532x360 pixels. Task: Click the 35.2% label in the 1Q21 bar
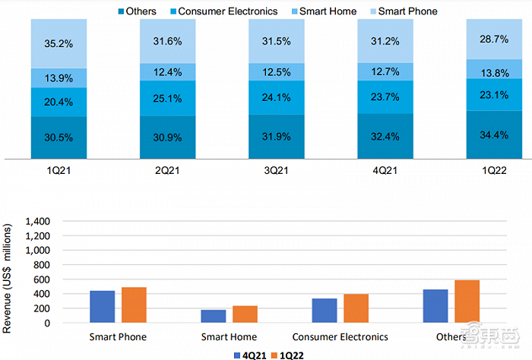pyautogui.click(x=59, y=43)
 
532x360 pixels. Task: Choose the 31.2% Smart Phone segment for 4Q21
pyautogui.click(x=385, y=43)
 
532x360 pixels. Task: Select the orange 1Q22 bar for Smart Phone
pyautogui.click(x=133, y=305)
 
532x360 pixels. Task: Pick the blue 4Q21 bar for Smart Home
pyautogui.click(x=214, y=316)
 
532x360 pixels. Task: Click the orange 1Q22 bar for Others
pyautogui.click(x=466, y=302)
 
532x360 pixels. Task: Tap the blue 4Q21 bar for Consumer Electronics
pyautogui.click(x=325, y=311)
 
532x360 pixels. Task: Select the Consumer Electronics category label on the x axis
pyautogui.click(x=340, y=336)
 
